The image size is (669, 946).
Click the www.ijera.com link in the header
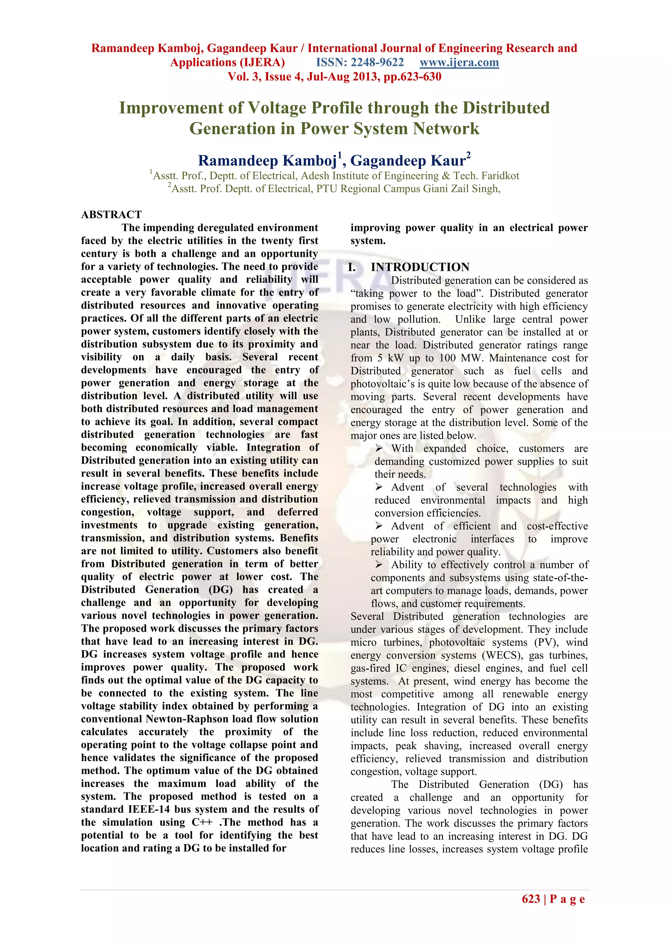(459, 63)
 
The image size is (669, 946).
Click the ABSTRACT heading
(111, 215)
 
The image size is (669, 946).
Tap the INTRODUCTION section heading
(420, 267)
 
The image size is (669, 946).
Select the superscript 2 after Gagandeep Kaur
(468, 155)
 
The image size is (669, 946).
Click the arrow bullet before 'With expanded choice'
(379, 448)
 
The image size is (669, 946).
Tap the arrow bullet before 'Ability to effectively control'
(379, 564)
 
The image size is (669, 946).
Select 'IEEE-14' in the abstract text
(149, 809)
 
